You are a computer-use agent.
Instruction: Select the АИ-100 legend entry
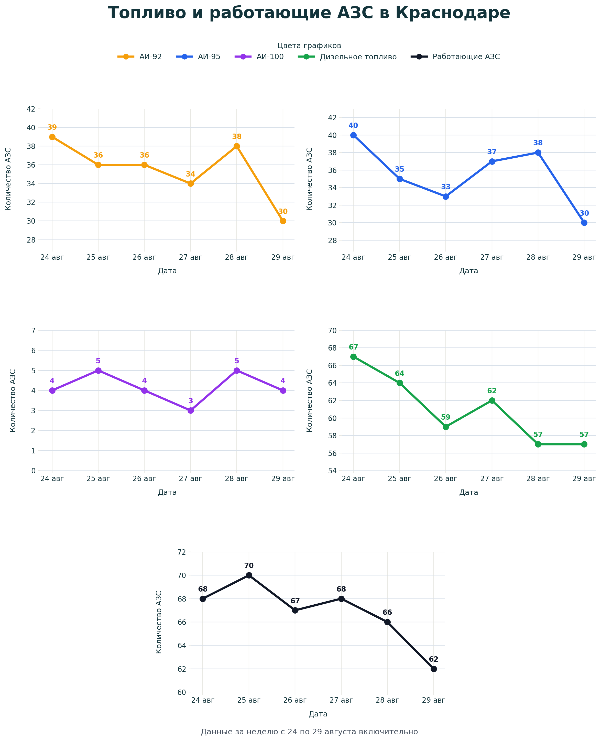click(259, 57)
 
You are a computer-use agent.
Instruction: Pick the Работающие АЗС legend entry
click(455, 57)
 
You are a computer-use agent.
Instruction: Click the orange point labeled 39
click(52, 137)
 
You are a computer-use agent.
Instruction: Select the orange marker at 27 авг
click(190, 183)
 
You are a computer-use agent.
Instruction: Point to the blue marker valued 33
click(445, 196)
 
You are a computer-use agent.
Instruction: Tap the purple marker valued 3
click(190, 411)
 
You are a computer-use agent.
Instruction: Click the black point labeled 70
click(249, 575)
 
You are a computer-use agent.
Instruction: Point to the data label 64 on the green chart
click(399, 374)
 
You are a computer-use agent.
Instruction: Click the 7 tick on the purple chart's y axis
click(33, 330)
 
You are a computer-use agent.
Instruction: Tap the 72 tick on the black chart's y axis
click(182, 552)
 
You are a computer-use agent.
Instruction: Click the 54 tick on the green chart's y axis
click(332, 471)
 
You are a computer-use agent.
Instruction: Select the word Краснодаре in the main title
click(453, 13)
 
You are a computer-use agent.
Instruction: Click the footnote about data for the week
click(309, 732)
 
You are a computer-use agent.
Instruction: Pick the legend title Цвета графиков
click(309, 46)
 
